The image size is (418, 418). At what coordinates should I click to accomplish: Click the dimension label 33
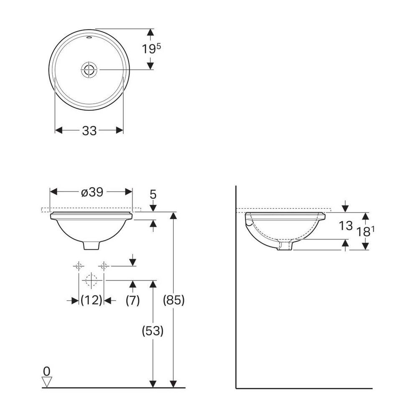pos(89,130)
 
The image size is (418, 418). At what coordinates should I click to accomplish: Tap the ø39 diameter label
pos(92,192)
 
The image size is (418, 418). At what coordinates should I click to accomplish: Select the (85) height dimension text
pos(174,301)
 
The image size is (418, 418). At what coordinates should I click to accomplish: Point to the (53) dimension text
pos(153,331)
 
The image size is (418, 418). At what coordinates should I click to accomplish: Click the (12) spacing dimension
pos(91,301)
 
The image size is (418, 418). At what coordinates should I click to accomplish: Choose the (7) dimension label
pos(133,301)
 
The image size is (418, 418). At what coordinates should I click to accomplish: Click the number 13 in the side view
pos(346,226)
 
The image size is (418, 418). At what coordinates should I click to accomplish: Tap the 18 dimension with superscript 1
pos(365,232)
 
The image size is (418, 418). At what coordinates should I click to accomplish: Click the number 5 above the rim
pos(153,195)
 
